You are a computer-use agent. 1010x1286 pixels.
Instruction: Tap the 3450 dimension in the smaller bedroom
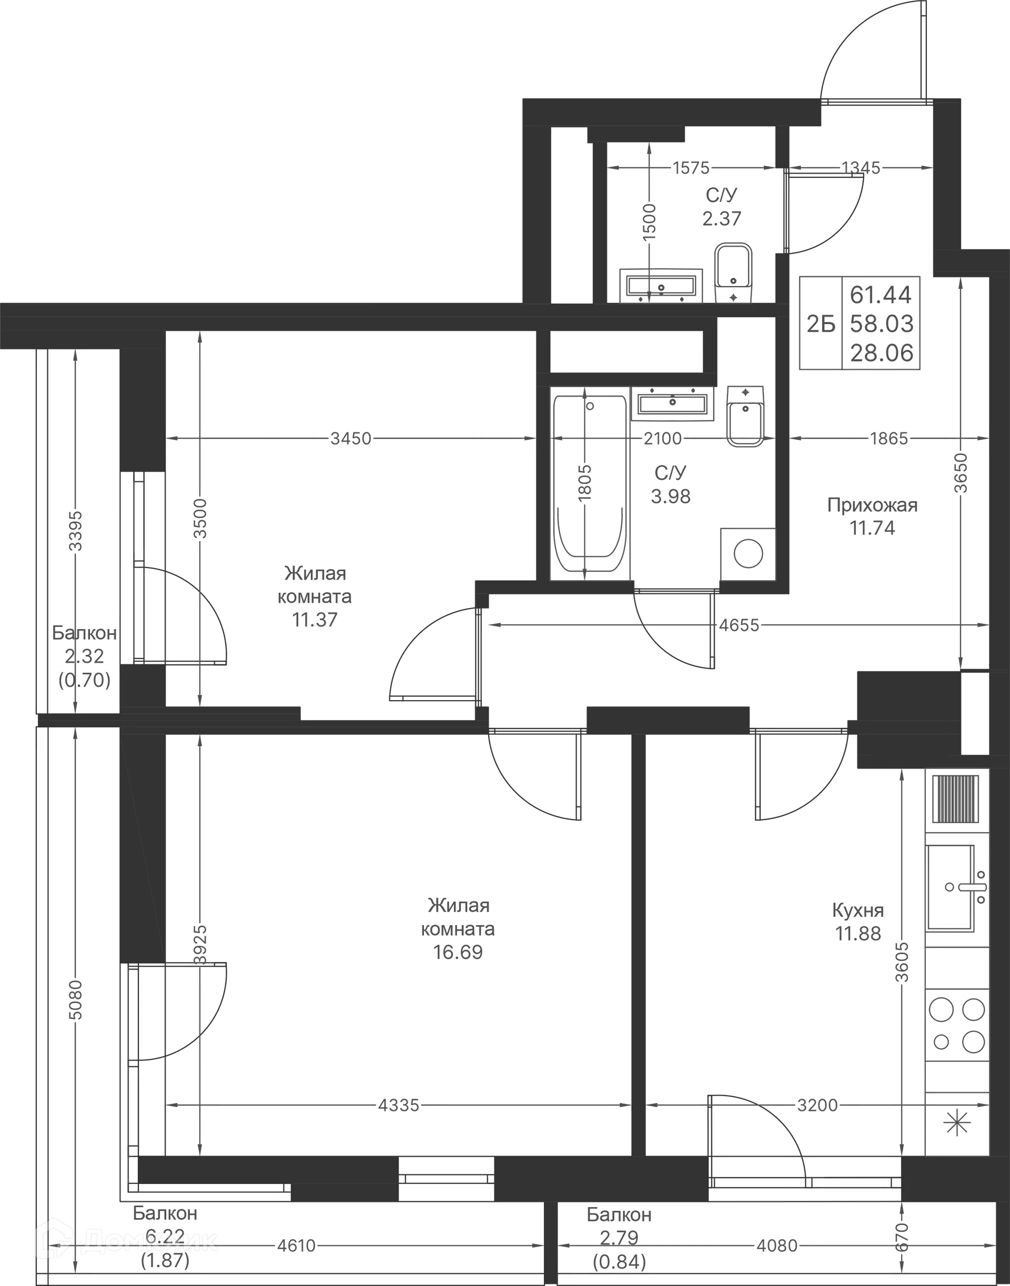351,438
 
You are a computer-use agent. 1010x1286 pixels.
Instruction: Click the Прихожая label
873,505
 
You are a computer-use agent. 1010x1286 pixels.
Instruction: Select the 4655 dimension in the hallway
740,625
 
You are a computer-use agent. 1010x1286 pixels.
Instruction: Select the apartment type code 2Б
821,325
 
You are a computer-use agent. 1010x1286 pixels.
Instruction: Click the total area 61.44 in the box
882,293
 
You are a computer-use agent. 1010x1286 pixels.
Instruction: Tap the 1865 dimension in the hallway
890,438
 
